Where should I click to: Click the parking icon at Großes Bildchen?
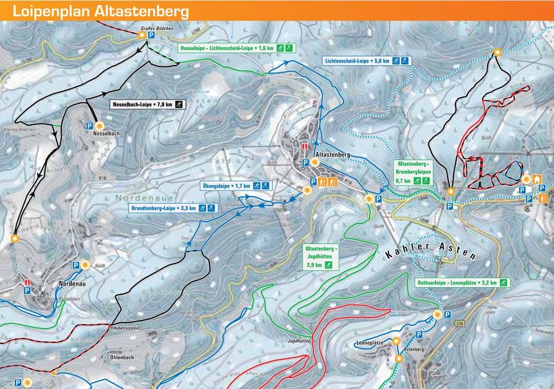(x=152, y=37)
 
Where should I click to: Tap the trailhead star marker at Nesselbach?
(x=99, y=126)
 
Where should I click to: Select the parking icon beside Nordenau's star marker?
(x=75, y=265)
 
